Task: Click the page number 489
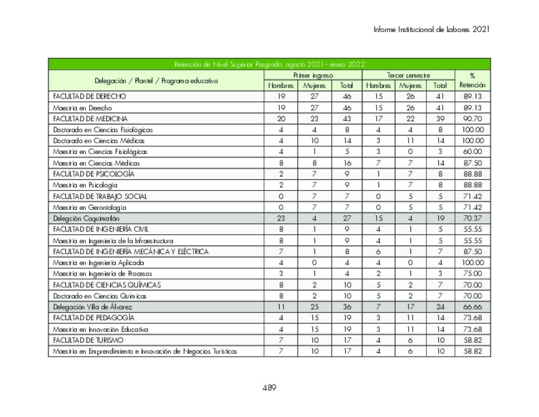(x=269, y=387)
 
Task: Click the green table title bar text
(x=269, y=64)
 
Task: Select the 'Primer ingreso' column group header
(x=313, y=75)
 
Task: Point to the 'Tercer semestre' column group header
(x=408, y=75)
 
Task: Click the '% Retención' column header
(x=472, y=80)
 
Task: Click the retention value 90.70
(x=472, y=118)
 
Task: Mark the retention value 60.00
(x=472, y=152)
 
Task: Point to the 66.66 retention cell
(x=472, y=307)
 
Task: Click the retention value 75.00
(x=472, y=274)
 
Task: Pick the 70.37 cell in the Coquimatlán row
(x=472, y=218)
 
